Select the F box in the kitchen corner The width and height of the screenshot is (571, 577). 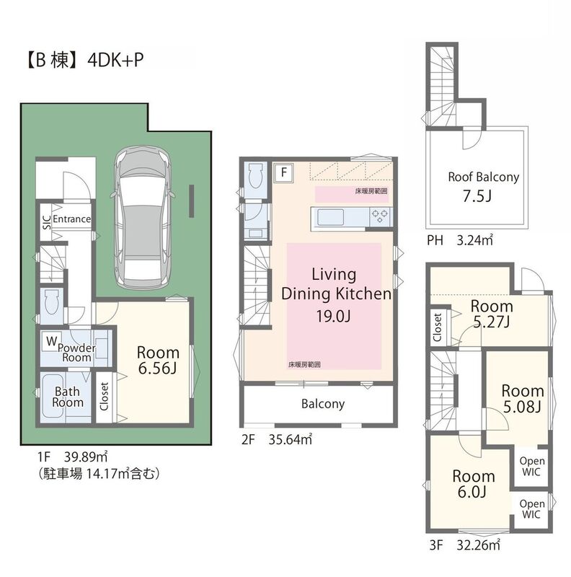[283, 172]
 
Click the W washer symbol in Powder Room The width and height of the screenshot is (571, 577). [51, 341]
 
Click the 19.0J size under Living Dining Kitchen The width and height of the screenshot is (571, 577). [333, 316]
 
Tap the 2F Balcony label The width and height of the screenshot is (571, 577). [323, 404]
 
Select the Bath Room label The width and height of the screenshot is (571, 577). [67, 397]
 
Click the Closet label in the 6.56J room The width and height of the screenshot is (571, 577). [104, 396]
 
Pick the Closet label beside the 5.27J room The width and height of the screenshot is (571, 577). [438, 327]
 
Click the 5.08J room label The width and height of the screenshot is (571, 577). [523, 399]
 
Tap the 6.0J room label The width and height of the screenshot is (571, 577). [473, 484]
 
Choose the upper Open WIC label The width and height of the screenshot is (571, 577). [531, 466]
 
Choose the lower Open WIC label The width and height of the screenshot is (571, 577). [531, 509]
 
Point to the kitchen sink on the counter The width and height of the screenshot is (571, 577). [330, 217]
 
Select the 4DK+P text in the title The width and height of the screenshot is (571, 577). [115, 60]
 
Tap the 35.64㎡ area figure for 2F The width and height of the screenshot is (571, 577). [291, 439]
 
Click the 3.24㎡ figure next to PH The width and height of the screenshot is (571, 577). [474, 240]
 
